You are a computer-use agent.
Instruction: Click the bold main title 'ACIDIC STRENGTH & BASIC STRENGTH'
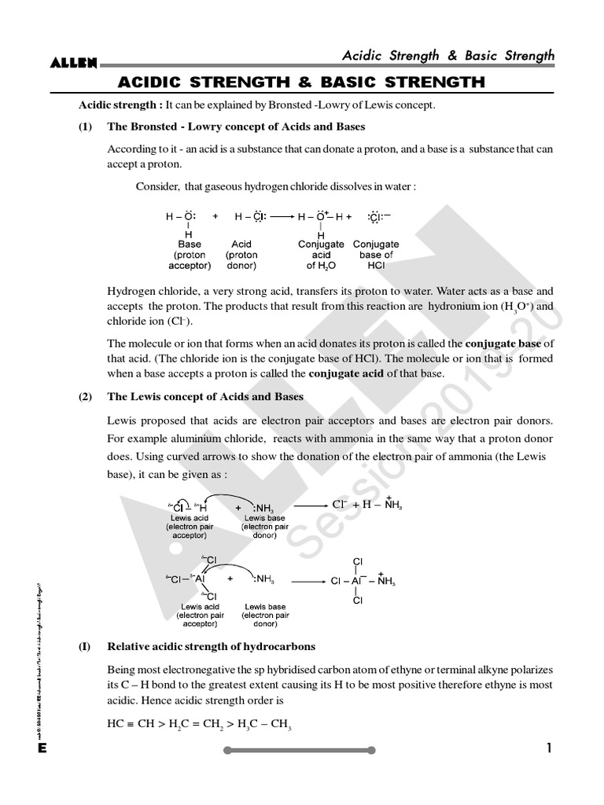click(x=301, y=83)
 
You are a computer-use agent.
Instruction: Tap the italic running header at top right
click(x=447, y=55)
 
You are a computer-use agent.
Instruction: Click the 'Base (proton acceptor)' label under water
click(x=189, y=255)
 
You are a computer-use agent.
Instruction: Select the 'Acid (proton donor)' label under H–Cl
click(x=241, y=255)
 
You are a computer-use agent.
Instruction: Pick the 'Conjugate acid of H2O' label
click(x=321, y=255)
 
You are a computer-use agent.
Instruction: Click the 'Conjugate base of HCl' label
click(x=376, y=255)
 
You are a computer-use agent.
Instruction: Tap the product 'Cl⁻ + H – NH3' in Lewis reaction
click(x=367, y=504)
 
